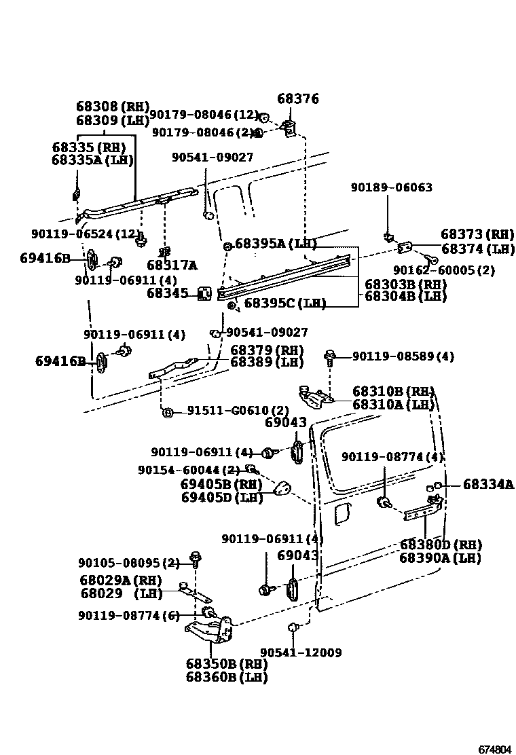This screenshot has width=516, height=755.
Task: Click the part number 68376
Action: tap(298, 99)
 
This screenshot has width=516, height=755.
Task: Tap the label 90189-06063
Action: tap(391, 187)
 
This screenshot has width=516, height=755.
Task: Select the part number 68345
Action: tap(168, 293)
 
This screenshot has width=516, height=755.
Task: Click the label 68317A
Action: tap(172, 265)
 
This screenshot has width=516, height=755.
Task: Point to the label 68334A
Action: tap(488, 484)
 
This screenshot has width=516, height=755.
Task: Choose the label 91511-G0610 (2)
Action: tap(238, 411)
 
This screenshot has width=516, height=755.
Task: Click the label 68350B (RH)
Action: tap(226, 664)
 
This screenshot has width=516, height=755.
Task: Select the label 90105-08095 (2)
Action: tap(129, 563)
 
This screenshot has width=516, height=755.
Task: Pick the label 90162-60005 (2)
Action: tap(453, 270)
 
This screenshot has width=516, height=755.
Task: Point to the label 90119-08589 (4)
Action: tap(403, 356)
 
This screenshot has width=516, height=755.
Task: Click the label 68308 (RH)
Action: tap(112, 107)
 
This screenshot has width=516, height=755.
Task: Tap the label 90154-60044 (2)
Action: tap(189, 470)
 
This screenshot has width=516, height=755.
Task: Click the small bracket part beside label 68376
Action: tap(289, 126)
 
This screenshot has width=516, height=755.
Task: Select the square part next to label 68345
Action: tap(203, 293)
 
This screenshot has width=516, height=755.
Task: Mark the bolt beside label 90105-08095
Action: tap(196, 560)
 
